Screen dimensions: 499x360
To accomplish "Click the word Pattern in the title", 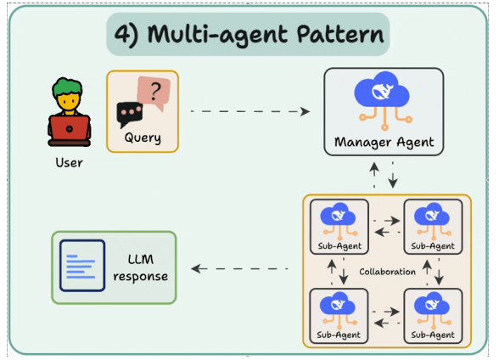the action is [340, 34].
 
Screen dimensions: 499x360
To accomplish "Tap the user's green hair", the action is [68, 87].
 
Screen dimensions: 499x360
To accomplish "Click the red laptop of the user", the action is [70, 128].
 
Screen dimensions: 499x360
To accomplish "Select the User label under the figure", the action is [69, 163].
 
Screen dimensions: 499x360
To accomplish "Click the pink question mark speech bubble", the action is [154, 92].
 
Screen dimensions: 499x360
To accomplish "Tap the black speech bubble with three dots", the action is [130, 114].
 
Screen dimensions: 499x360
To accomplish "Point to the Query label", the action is [143, 138].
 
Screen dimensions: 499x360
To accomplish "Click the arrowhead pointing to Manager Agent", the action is [306, 111].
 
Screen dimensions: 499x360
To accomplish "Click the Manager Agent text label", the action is [384, 143].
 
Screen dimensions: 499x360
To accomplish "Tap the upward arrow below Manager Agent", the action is [374, 174].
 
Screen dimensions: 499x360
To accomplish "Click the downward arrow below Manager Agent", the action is [393, 174].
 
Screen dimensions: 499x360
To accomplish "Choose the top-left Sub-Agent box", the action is [339, 227].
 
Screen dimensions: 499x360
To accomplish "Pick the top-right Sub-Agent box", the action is [433, 227].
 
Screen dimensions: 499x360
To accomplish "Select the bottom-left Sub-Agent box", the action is [339, 316].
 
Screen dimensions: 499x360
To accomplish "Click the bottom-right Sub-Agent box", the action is [433, 316].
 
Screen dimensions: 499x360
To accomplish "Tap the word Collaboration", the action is [387, 272].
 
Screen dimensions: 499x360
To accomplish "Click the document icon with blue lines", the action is [82, 266].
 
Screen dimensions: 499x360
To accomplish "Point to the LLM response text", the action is [140, 268].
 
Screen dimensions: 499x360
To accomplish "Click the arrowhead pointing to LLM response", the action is [196, 268].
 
